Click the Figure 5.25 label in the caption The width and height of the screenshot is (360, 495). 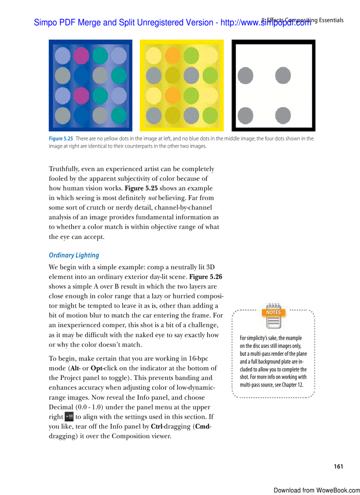coord(61,138)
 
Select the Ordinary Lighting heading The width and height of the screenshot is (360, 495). coord(74,255)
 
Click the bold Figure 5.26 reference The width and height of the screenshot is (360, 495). coord(206,277)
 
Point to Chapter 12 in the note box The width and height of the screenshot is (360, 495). coord(291,385)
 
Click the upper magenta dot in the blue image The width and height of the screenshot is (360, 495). coord(81,55)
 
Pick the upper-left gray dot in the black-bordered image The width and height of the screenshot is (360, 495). coord(246,76)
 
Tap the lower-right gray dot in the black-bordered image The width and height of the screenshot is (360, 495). coord(283,115)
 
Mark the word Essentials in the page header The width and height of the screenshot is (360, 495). coord(330,20)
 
